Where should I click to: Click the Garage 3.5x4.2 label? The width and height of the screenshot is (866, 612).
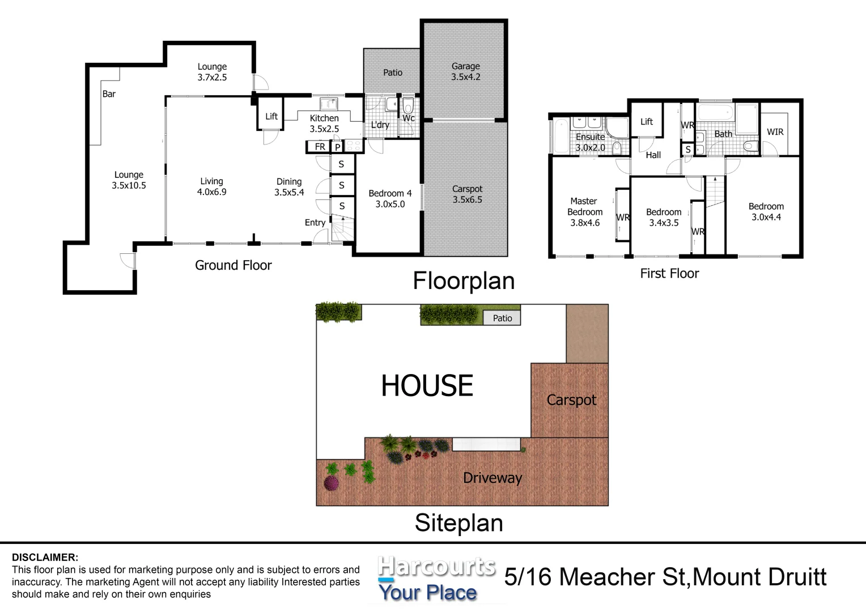(x=465, y=71)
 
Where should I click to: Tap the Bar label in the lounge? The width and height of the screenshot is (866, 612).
(x=109, y=94)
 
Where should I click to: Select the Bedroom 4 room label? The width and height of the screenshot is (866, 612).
(x=390, y=199)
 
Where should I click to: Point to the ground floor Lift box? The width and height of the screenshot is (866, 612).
(x=271, y=116)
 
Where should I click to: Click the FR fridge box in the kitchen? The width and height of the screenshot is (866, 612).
(x=320, y=147)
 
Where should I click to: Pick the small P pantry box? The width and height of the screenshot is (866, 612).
(x=337, y=147)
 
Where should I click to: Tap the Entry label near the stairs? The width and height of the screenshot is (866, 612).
(x=315, y=223)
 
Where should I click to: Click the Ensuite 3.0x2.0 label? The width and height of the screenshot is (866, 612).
(x=590, y=142)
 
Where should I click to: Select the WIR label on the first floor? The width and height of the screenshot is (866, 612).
(x=775, y=131)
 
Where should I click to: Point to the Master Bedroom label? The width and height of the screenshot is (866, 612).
(x=584, y=211)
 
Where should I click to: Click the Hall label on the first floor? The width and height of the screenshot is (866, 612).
(x=653, y=155)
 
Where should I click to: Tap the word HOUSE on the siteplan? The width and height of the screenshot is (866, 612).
(x=427, y=386)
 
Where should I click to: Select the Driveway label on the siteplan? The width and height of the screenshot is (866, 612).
(x=492, y=478)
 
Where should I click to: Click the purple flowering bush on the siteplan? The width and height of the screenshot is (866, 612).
(x=331, y=483)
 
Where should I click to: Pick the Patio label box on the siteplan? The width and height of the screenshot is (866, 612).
(x=502, y=318)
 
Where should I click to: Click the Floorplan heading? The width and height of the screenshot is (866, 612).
(x=463, y=281)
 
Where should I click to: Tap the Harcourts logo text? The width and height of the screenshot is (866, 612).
(x=436, y=567)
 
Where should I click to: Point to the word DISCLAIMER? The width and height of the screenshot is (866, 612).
(x=45, y=558)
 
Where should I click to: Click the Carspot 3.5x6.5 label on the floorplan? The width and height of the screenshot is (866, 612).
(x=467, y=194)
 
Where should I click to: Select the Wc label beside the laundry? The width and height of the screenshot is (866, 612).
(x=408, y=118)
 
